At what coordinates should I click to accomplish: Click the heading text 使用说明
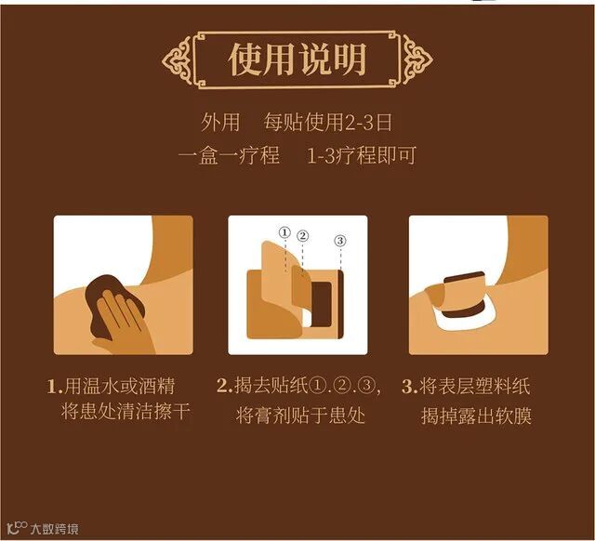[297, 59]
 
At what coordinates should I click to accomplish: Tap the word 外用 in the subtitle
[220, 122]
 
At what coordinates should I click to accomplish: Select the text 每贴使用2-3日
[328, 122]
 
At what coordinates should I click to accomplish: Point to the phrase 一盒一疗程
[229, 155]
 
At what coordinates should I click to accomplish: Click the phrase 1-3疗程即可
[362, 155]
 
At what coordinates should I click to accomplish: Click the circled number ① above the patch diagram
[284, 232]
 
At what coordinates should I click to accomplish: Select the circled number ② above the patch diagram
[302, 236]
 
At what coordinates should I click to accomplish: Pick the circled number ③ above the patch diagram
[340, 241]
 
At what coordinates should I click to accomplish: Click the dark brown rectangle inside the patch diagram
[321, 304]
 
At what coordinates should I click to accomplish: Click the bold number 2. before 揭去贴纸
[225, 387]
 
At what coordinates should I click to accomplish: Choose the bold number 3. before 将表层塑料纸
[409, 387]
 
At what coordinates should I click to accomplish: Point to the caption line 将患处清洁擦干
[126, 412]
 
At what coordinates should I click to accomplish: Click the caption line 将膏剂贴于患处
[300, 415]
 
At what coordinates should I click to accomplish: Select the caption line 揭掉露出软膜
[476, 416]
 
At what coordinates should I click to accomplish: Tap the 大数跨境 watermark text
[54, 529]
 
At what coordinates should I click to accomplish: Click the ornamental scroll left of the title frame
[177, 60]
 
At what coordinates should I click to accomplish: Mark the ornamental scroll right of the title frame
[417, 59]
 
